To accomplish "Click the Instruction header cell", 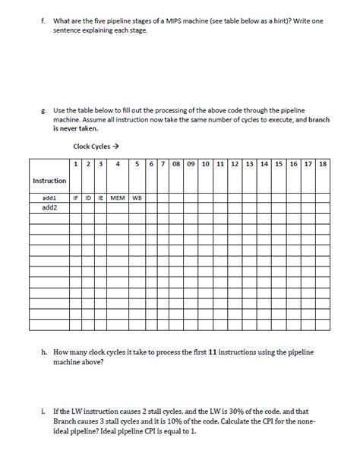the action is pyautogui.click(x=49, y=180).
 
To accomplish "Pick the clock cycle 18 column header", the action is pyautogui.click(x=323, y=163).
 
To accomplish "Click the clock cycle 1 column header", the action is pyautogui.click(x=75, y=163).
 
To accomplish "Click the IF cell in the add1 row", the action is pyautogui.click(x=75, y=197).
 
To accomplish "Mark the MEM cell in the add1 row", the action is pyautogui.click(x=117, y=197).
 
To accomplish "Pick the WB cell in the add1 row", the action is pyautogui.click(x=137, y=197).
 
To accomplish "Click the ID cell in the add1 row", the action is pyautogui.click(x=87, y=197).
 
